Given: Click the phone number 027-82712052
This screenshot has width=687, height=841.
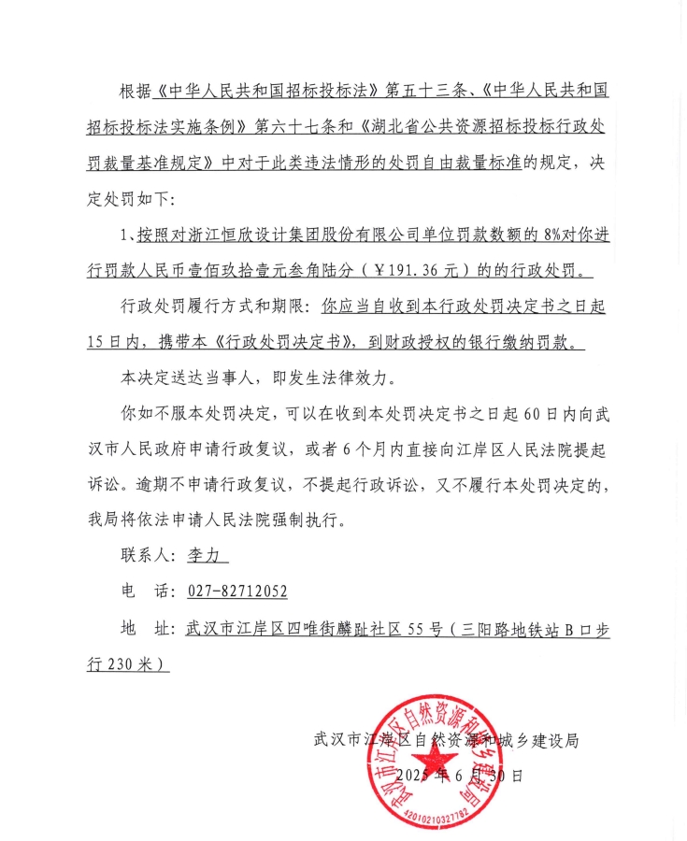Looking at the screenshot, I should tap(237, 591).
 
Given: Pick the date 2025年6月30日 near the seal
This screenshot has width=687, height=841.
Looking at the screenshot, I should tap(459, 776).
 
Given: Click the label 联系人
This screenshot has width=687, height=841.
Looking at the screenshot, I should tap(147, 554).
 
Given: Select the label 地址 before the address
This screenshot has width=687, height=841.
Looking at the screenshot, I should tap(147, 627).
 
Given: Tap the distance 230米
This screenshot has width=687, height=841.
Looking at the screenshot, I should tap(135, 663).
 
